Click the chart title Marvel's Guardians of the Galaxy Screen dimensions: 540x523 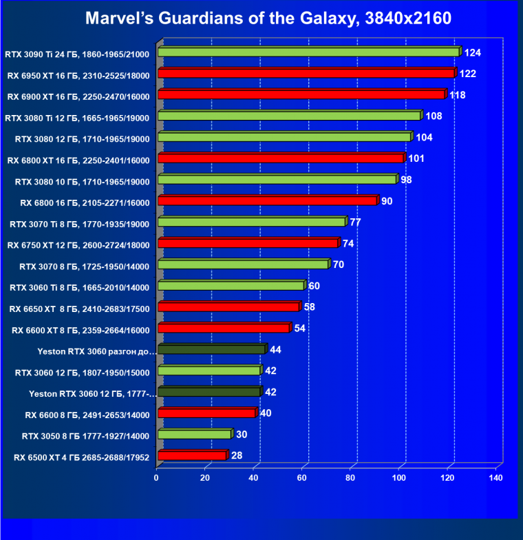pos(268,19)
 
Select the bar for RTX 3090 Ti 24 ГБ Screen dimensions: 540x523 pos(308,52)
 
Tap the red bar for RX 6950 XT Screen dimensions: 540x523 pos(306,73)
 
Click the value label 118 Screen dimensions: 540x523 pos(458,94)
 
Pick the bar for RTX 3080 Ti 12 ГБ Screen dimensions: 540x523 pos(289,116)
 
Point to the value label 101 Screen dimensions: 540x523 pos(416,158)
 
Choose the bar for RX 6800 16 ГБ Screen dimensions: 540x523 pos(268,200)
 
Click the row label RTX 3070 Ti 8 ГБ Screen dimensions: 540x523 pos(79,222)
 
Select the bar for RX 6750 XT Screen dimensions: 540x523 pos(248,243)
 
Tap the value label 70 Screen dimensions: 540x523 pos(339,264)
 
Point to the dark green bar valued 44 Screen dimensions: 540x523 pos(211,350)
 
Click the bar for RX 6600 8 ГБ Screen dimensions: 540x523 pos(206,413)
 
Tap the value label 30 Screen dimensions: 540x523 pos(242,434)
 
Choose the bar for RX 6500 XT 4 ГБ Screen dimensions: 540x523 pos(192,455)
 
